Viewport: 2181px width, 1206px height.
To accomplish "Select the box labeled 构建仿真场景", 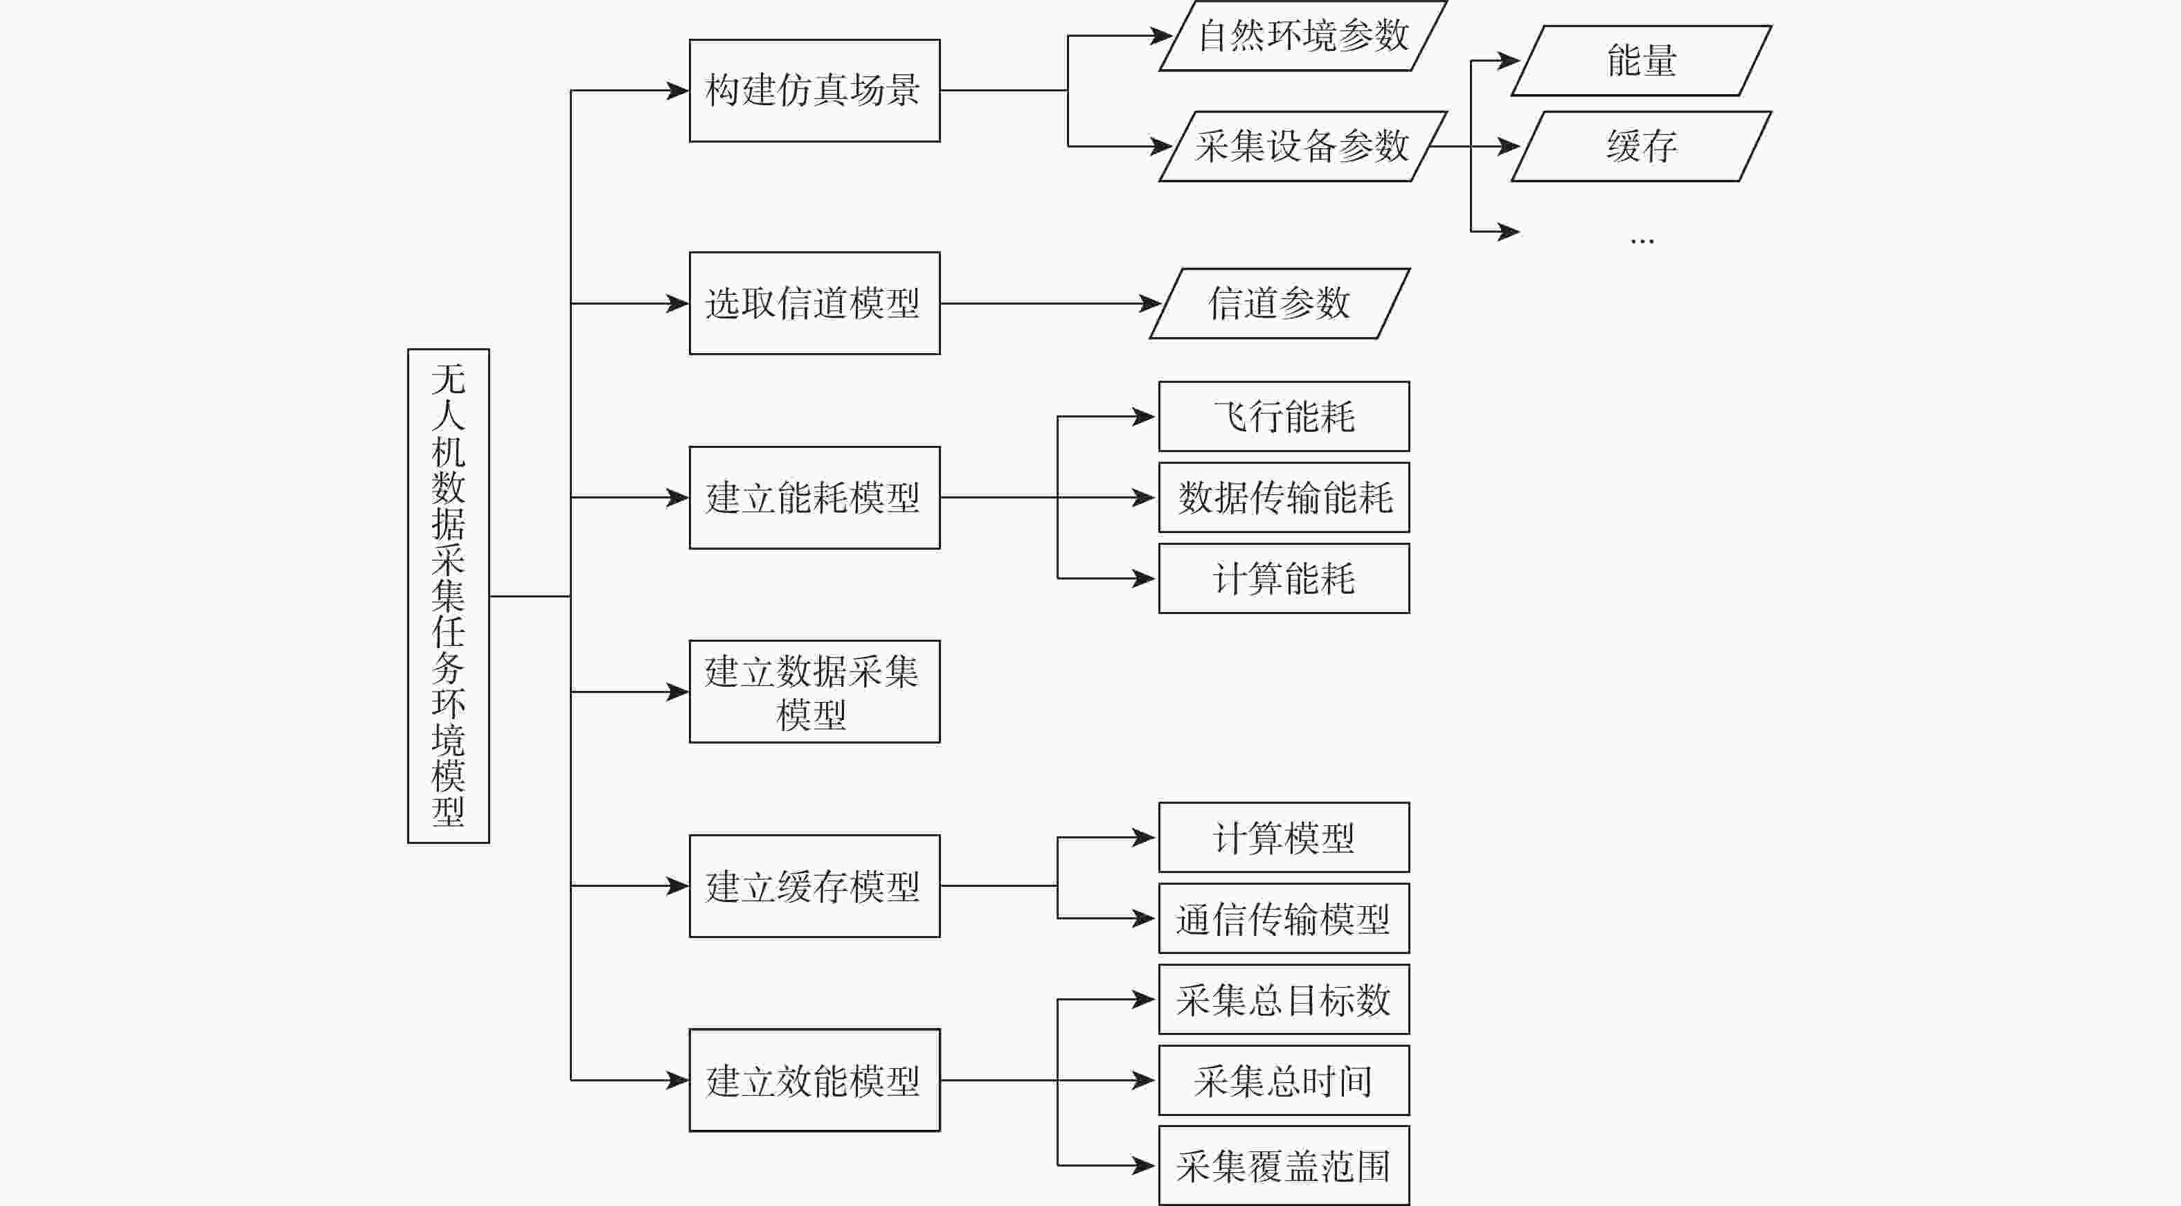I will coord(814,91).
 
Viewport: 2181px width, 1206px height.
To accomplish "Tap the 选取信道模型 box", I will coord(814,303).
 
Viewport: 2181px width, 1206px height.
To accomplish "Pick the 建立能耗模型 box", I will coord(814,498).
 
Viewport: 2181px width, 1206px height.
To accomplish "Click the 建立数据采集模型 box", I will coord(814,692).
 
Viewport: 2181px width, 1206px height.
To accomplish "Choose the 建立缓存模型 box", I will coord(814,886).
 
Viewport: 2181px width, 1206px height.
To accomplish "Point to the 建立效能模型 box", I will coord(814,1080).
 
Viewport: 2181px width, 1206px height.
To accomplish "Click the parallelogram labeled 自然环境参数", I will coord(1302,35).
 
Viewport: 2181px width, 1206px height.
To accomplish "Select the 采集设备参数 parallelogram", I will coord(1302,146).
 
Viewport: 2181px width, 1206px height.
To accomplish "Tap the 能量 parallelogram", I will coord(1641,61).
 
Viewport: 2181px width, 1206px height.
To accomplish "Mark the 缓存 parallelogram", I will coord(1641,146).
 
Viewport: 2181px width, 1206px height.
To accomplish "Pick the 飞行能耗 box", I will coord(1284,416).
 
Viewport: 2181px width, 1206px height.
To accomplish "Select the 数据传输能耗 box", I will coord(1284,498).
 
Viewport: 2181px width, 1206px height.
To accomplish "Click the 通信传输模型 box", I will coord(1284,918).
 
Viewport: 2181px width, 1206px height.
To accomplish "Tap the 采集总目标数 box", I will coord(1284,1000).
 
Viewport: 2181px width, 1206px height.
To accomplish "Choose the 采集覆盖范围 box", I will coord(1284,1165).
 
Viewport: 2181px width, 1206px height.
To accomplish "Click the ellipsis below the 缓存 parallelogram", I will coord(1641,241).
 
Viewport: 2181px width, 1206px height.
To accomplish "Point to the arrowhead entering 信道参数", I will coord(1151,303).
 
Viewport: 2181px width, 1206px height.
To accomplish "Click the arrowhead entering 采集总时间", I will coord(1144,1080).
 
